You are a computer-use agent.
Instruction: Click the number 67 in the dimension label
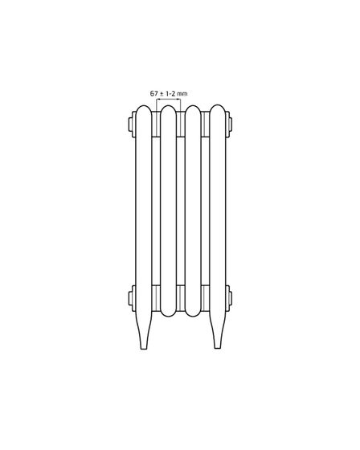click(x=154, y=93)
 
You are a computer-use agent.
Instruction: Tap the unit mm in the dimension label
click(x=182, y=94)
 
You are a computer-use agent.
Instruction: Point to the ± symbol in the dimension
click(x=162, y=94)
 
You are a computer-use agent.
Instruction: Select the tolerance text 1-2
click(x=170, y=93)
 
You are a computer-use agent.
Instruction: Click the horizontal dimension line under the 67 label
click(x=169, y=100)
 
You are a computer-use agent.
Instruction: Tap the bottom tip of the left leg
click(x=144, y=349)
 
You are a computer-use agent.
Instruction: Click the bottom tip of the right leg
click(x=218, y=348)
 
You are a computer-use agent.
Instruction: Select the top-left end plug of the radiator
click(x=132, y=125)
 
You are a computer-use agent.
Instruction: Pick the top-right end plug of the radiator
click(x=229, y=125)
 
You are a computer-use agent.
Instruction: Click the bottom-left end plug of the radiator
click(x=132, y=298)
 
